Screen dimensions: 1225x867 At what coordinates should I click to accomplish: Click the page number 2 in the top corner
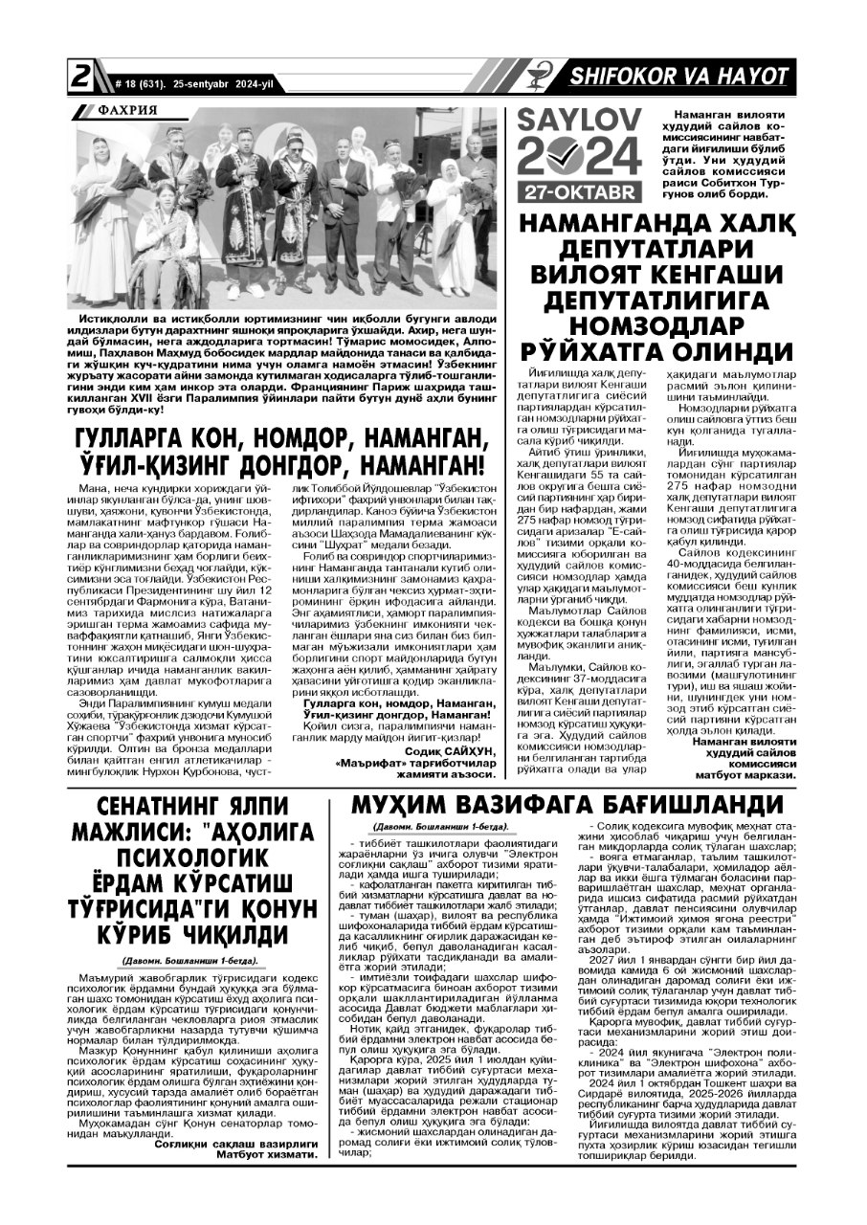pos(79,77)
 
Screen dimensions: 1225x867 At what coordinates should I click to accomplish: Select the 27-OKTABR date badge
pos(579,192)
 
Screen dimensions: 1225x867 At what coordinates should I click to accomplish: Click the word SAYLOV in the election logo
pos(578,122)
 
